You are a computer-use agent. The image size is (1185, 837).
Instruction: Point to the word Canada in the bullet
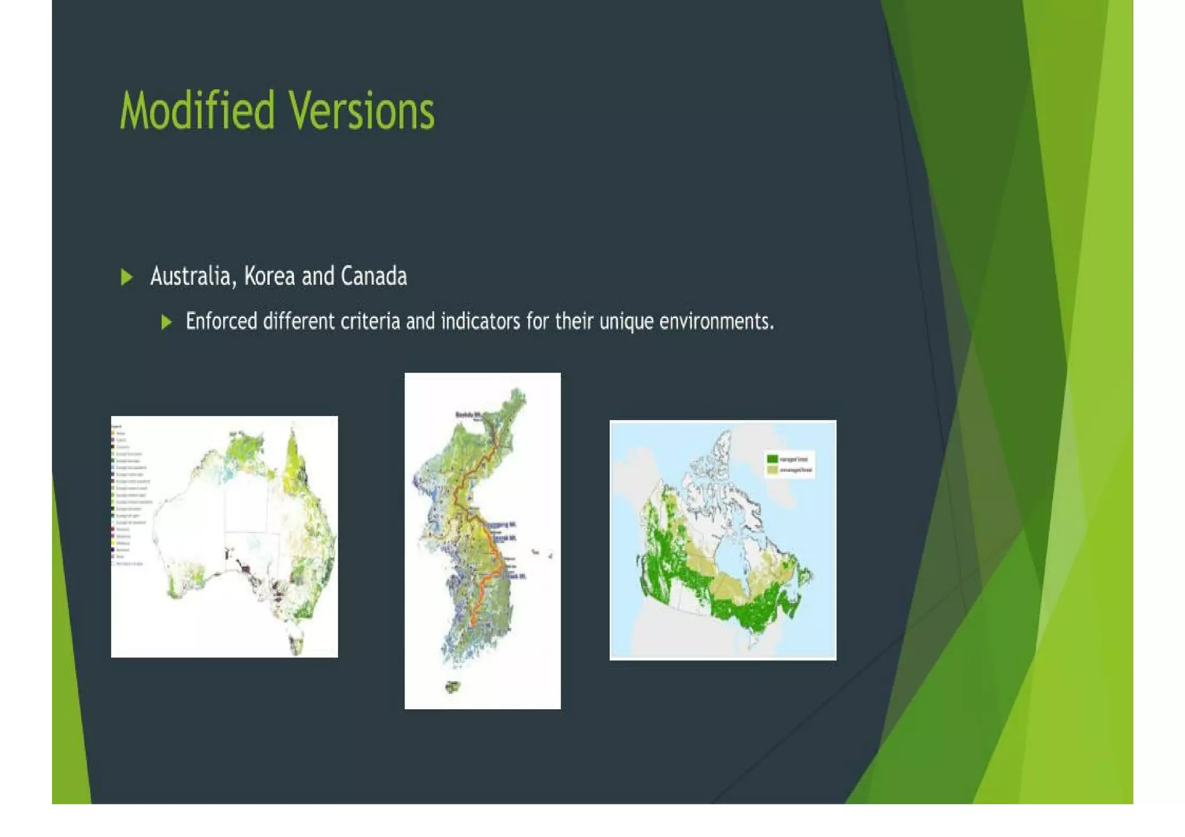374,276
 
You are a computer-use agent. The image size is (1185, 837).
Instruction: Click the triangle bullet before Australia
127,277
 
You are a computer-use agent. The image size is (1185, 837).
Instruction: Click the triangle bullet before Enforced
167,322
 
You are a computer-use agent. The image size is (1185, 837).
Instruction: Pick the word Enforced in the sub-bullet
221,321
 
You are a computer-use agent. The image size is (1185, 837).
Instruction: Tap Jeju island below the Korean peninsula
452,687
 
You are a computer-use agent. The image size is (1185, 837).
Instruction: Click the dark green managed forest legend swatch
772,459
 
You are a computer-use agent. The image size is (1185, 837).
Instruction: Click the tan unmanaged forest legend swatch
772,470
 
